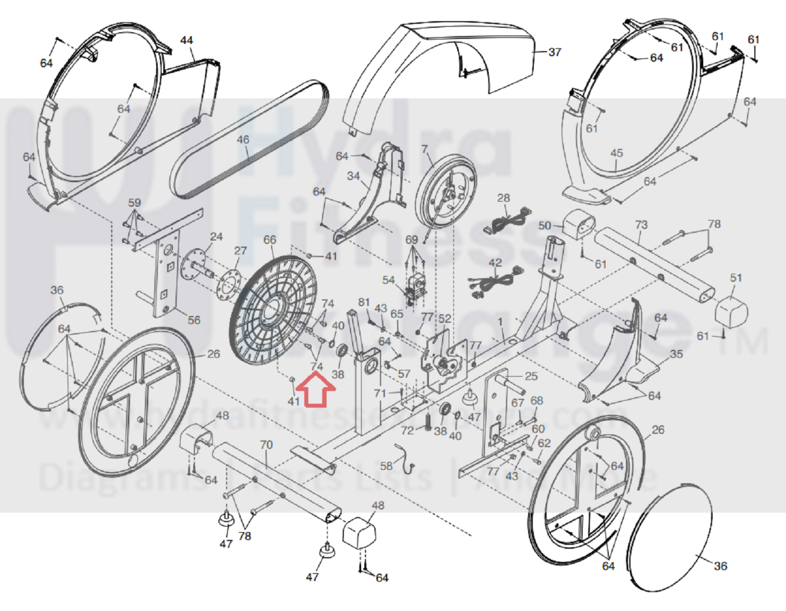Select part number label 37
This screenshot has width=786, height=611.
click(554, 52)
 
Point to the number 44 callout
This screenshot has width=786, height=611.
click(187, 40)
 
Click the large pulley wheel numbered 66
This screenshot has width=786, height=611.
click(272, 311)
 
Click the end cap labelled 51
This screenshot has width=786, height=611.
click(730, 310)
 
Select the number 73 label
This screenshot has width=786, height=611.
click(641, 225)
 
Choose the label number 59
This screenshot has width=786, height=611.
click(135, 202)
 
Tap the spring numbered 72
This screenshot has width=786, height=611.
click(427, 422)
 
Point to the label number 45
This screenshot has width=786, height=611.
click(616, 153)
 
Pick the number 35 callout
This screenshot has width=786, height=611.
click(676, 354)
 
